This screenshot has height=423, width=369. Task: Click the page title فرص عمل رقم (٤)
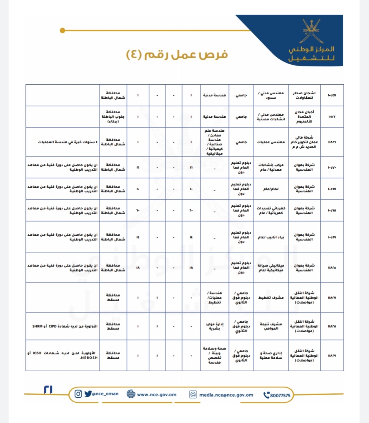click(x=177, y=55)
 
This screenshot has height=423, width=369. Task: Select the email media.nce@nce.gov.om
click(x=226, y=395)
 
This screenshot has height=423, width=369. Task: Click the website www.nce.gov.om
click(x=157, y=394)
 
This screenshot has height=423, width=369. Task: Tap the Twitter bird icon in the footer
click(x=88, y=394)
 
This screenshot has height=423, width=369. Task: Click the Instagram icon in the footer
click(x=78, y=394)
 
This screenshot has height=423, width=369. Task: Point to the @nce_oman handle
click(x=105, y=394)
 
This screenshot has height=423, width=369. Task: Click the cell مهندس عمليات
click(x=271, y=142)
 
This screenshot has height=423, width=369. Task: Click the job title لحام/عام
click(x=271, y=189)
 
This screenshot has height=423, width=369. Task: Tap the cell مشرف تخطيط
click(x=271, y=297)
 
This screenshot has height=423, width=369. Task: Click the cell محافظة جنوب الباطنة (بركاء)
click(x=113, y=117)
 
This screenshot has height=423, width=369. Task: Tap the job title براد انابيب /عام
click(x=271, y=237)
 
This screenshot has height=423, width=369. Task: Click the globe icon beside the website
click(x=131, y=394)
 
